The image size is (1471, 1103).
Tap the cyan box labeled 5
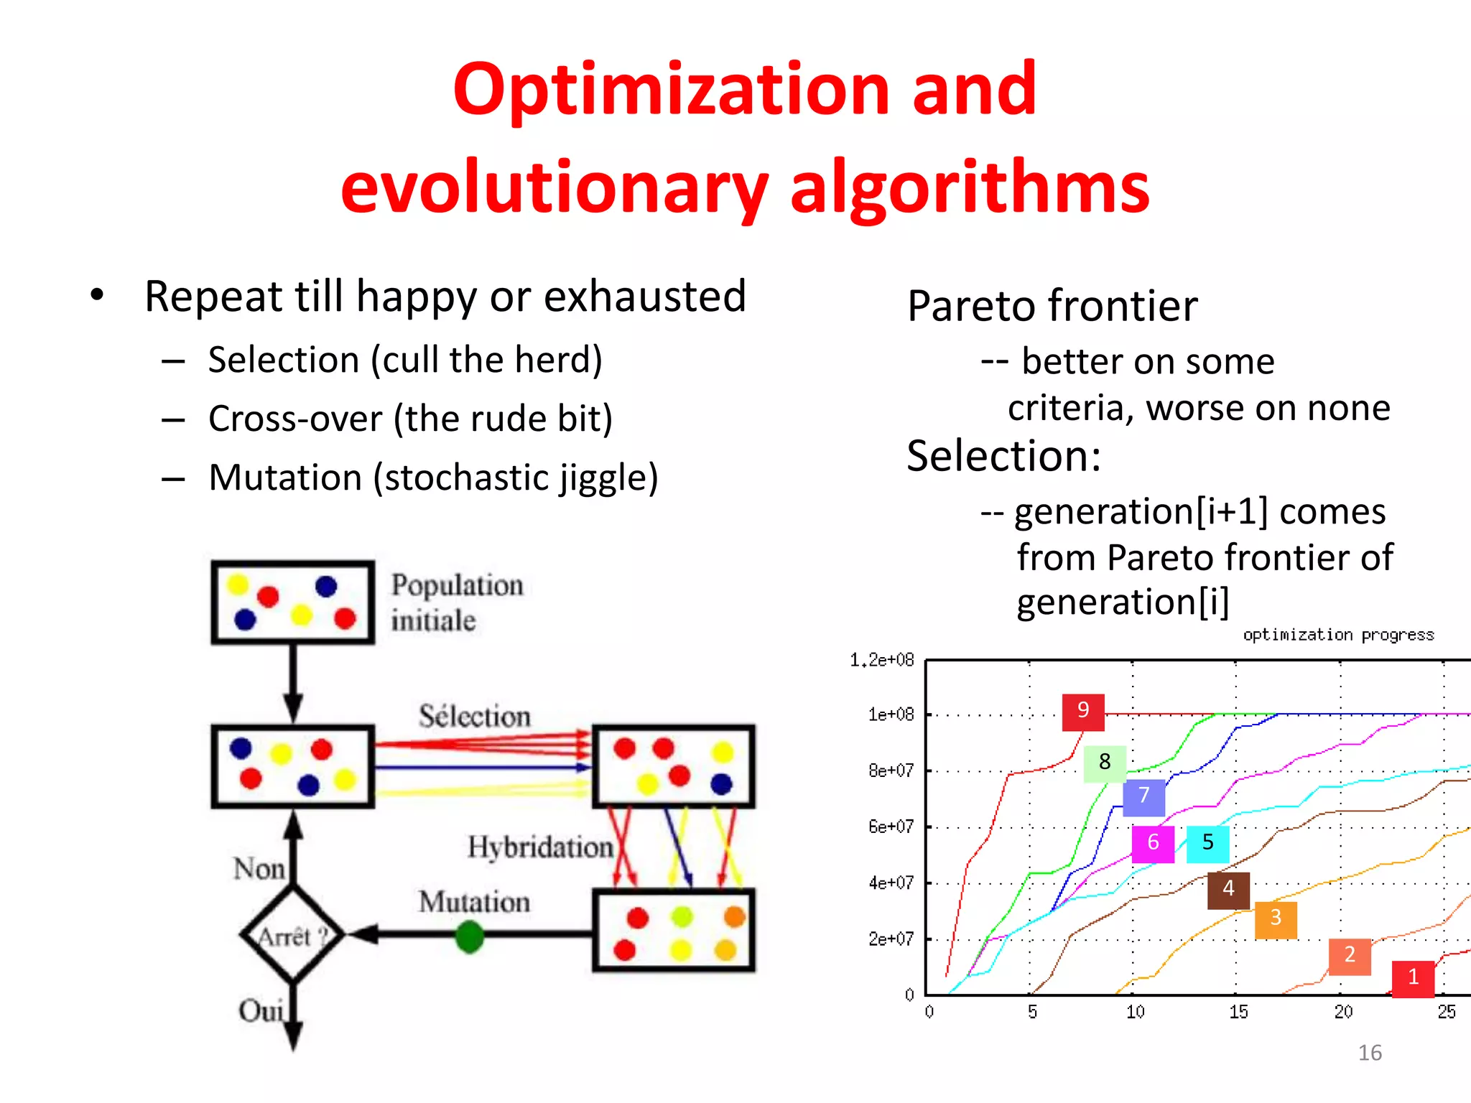pos(1207,843)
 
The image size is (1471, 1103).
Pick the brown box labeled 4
pos(1228,890)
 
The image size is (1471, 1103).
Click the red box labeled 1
pos(1413,978)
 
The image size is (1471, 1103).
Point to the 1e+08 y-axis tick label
pos(891,715)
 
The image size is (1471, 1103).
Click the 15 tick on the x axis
pos(1238,1013)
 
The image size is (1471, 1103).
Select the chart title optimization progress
pos(1338,635)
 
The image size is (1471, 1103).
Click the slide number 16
pos(1370,1053)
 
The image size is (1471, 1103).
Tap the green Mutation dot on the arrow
pos(470,936)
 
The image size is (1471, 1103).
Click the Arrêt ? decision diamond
pos(292,936)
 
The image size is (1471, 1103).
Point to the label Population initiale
pos(456,602)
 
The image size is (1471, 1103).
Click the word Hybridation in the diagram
pos(540,847)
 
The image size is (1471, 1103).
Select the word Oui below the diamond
pos(261,1011)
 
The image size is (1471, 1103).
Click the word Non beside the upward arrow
pos(259,869)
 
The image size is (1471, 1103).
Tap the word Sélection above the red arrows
pos(475,716)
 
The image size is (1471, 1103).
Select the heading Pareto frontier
pos(1052,306)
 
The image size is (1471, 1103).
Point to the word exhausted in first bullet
pos(645,296)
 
